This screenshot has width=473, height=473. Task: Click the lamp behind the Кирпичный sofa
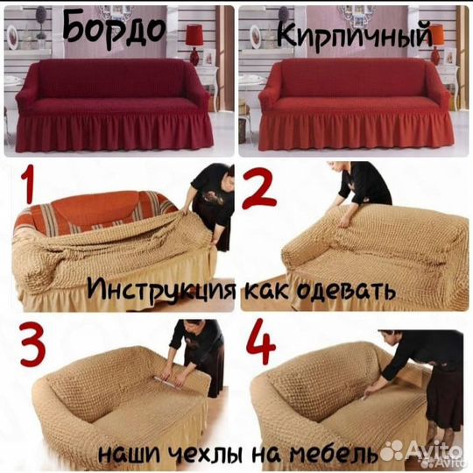pos(438,35)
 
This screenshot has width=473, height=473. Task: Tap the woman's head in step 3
pos(187,329)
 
